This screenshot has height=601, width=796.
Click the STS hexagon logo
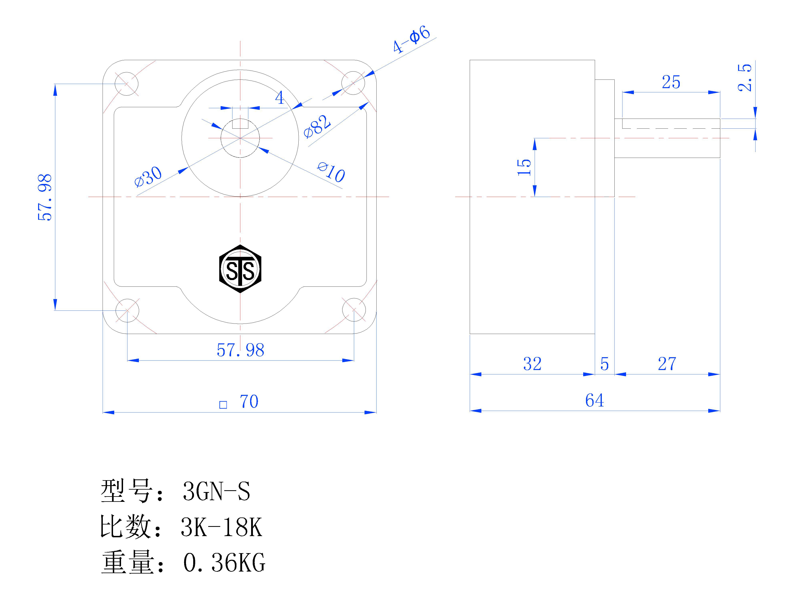240,269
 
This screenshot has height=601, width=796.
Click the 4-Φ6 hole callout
411,39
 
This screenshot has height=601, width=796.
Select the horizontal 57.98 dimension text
240,350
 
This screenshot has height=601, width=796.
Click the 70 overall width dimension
249,401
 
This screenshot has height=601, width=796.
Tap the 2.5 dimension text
744,78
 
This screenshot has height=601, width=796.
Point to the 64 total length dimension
594,400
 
